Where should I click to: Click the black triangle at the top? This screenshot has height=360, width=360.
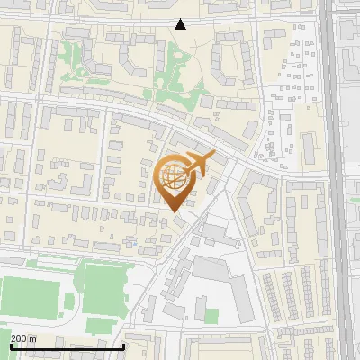[181, 24]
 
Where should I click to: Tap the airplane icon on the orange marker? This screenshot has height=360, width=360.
[199, 165]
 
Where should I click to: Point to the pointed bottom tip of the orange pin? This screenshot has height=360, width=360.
[175, 213]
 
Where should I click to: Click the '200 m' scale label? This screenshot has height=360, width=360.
[23, 338]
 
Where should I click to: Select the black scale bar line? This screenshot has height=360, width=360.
[67, 346]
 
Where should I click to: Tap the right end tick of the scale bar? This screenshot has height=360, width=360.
[124, 345]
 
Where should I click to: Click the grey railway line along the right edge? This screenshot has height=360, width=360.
[335, 180]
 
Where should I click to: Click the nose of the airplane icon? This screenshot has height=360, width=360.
[214, 157]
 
